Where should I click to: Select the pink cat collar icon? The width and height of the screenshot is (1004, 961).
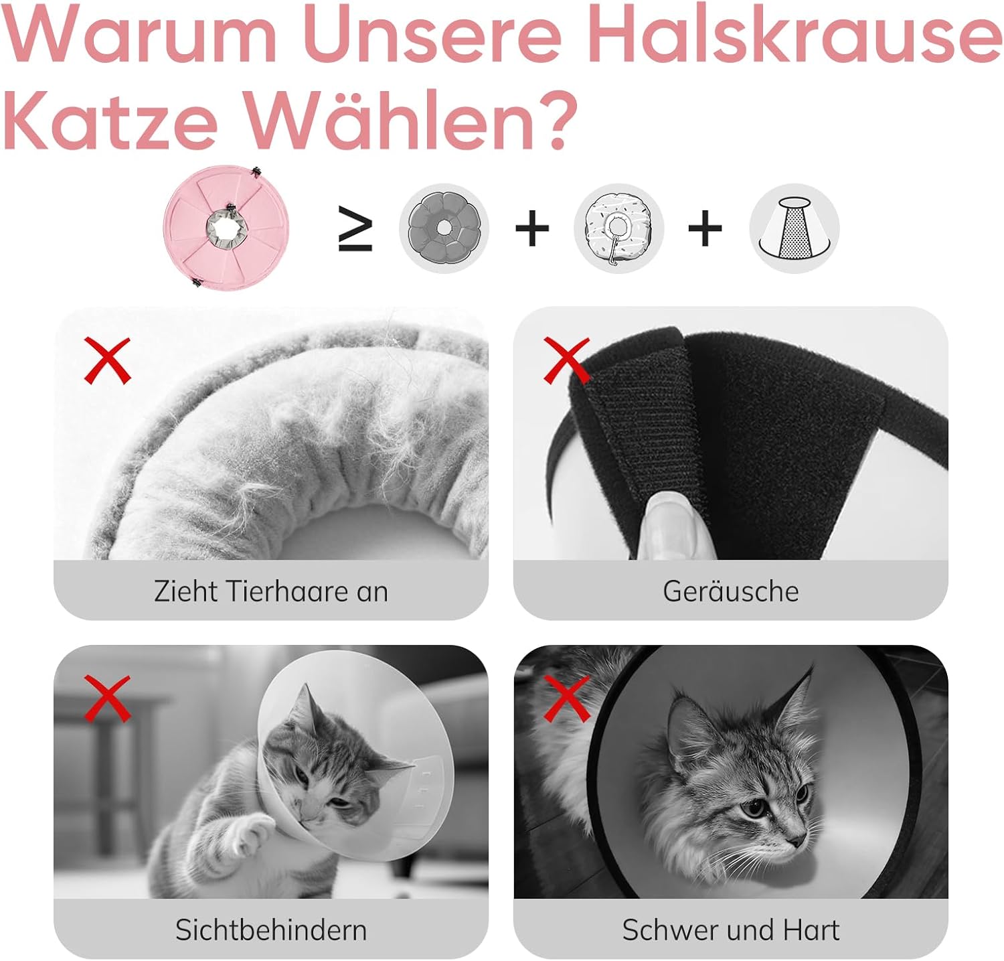(226, 227)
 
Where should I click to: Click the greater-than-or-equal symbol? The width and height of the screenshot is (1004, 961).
(355, 229)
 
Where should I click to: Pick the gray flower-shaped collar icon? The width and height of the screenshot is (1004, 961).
(444, 228)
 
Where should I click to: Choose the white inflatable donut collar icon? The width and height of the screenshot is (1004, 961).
(618, 228)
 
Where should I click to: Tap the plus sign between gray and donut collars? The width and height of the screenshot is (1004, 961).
(532, 229)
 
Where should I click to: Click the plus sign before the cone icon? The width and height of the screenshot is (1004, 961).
(705, 229)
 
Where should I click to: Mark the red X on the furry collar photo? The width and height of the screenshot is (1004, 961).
(107, 360)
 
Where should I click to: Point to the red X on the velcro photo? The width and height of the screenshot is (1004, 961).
(567, 360)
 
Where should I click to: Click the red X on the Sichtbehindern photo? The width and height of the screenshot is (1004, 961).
(107, 698)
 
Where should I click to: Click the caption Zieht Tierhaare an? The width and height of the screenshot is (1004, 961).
(270, 591)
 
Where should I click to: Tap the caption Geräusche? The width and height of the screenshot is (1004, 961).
(730, 591)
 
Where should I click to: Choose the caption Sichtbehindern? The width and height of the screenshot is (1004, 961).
(270, 930)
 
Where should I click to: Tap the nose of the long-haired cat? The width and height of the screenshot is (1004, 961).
(797, 840)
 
